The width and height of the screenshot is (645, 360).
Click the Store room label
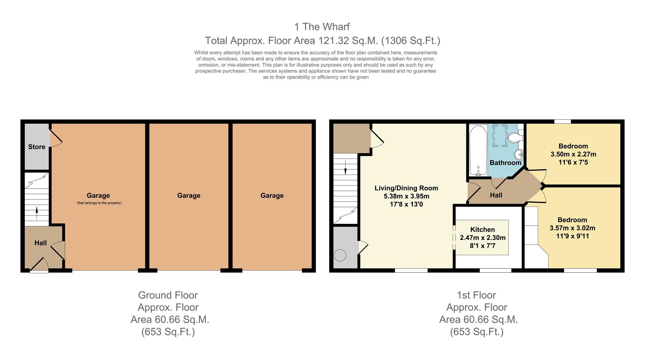37,147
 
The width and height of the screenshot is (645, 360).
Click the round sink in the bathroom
519,155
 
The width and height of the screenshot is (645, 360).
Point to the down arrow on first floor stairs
345,167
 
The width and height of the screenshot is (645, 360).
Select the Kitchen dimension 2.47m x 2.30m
482,238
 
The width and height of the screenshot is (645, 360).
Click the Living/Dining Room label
406,188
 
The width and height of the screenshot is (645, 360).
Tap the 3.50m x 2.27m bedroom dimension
573,154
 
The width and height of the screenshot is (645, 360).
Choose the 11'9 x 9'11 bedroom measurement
572,236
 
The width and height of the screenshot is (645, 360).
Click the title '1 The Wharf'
322,27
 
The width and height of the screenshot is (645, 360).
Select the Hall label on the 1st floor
496,195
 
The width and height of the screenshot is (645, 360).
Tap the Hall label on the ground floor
41,243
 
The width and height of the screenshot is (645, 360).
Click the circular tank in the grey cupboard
340,255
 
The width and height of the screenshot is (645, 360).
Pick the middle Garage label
188,196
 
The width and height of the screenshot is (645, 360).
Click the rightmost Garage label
272,196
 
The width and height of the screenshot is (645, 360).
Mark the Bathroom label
505,163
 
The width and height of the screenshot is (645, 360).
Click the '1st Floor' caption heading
476,295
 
